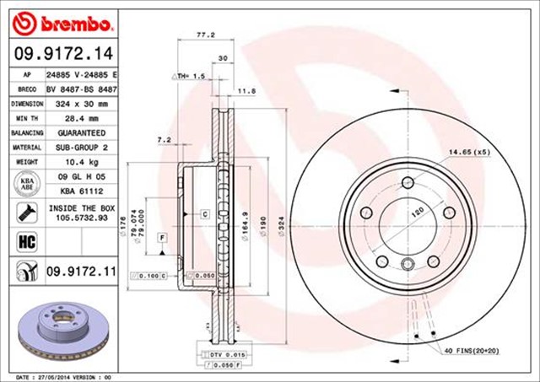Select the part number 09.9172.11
pyautogui.click(x=78, y=272)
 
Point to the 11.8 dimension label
pyautogui.click(x=246, y=90)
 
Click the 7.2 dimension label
pyautogui.click(x=165, y=138)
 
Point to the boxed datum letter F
pyautogui.click(x=160, y=239)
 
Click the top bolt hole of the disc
pyautogui.click(x=408, y=181)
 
